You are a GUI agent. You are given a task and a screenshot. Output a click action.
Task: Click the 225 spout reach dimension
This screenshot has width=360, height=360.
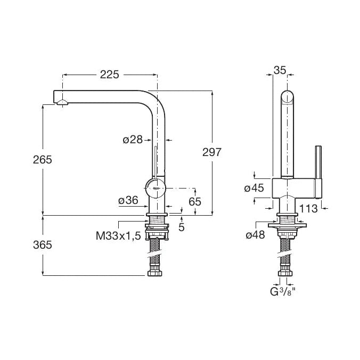110,75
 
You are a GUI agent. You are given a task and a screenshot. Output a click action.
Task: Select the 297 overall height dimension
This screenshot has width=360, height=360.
211,152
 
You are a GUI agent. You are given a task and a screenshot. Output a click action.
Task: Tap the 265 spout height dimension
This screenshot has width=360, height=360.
43,160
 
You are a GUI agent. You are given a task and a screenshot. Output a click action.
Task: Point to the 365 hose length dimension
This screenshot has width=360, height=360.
43,245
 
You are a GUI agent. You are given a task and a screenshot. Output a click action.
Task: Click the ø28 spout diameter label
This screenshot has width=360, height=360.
133,140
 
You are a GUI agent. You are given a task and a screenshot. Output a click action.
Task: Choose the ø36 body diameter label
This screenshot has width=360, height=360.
128,200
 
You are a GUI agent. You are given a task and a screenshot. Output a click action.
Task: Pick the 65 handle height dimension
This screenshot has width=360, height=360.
195,202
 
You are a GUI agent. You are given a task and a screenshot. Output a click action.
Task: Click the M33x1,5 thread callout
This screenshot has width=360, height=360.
118,236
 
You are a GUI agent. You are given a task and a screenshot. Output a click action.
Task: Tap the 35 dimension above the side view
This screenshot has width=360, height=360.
280,70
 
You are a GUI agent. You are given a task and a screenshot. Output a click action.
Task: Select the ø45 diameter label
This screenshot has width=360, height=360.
254,189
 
